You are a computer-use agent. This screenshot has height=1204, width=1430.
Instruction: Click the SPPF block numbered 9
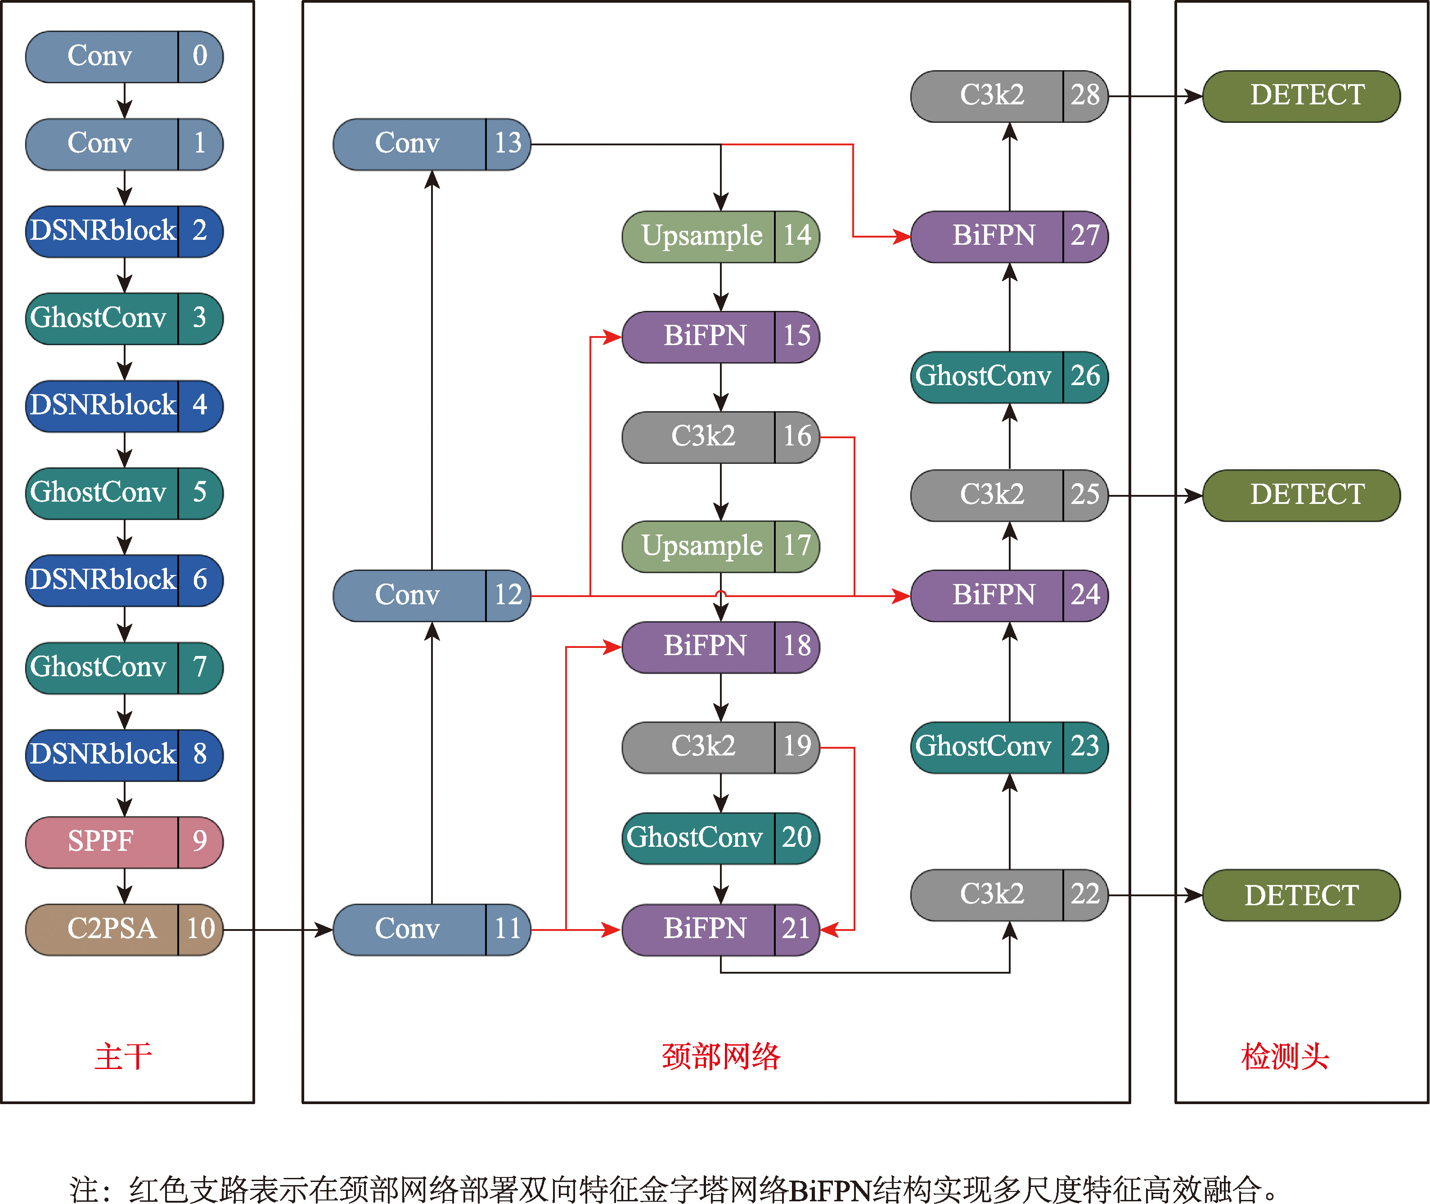coord(124,841)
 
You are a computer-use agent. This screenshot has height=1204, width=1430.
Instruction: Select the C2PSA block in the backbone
coord(124,929)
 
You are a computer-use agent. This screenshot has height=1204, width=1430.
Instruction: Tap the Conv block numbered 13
coord(432,144)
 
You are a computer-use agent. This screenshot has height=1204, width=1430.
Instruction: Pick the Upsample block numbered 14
coord(720,236)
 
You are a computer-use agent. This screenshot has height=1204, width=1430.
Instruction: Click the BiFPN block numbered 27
coord(1009,236)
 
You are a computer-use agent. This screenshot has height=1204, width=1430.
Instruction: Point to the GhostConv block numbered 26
coord(1009,377)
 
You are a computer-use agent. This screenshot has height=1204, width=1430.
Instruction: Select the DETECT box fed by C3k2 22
coord(1300,895)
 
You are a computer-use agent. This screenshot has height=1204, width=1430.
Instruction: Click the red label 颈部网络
coord(720,1056)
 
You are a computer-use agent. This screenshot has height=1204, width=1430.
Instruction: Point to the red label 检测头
coord(1285,1056)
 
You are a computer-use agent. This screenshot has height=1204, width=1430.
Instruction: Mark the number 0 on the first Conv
coord(199,56)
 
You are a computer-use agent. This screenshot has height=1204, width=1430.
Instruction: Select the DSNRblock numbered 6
coord(124,580)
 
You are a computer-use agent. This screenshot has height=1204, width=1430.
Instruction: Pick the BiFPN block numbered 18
coord(720,647)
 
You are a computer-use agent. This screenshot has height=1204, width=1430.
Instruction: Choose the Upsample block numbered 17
coord(720,546)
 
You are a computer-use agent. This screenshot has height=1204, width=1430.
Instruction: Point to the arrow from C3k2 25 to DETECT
coord(1155,495)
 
